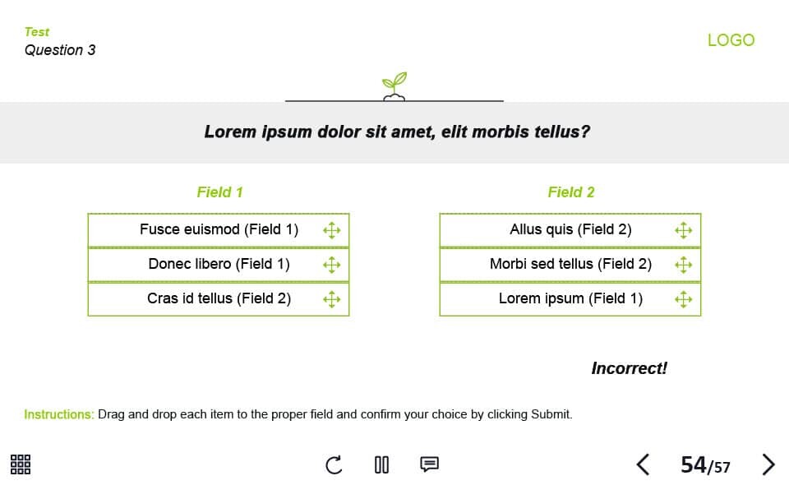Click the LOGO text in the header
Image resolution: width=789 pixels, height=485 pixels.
731,40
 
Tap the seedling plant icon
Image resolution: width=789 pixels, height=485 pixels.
394,86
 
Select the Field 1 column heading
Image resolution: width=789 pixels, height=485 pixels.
220,192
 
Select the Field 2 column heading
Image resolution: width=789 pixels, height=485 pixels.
571,192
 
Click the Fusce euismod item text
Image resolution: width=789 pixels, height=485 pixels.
219,229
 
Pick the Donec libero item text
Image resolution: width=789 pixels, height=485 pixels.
219,264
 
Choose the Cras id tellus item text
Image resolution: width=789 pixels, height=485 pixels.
219,298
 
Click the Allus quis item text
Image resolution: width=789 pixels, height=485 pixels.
570,229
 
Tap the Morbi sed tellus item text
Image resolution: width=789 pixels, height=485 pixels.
570,264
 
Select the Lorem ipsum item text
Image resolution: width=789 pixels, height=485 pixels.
570,298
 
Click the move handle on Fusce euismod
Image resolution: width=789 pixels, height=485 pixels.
331,230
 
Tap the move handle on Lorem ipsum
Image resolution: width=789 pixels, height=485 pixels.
683,299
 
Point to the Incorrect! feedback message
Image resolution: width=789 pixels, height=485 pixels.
629,368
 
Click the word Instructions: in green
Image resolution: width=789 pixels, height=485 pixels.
59,414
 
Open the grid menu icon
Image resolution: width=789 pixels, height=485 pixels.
21,464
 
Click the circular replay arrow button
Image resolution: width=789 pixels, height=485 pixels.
334,465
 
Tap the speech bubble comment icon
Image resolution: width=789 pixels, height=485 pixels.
429,464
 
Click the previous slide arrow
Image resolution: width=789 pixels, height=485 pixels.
643,464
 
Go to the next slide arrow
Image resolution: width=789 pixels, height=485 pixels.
768,464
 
